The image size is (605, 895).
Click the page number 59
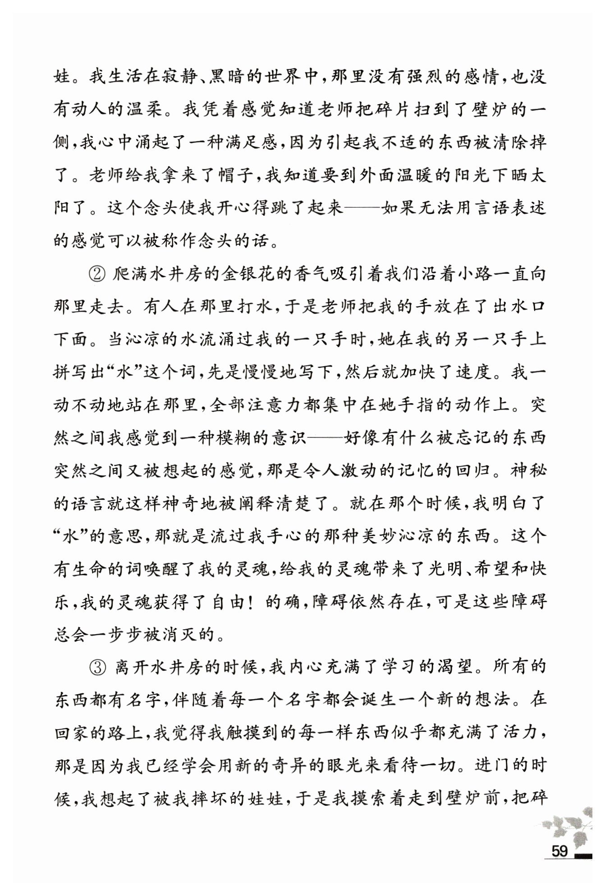pos(559,851)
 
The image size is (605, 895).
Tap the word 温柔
pos(144,110)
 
